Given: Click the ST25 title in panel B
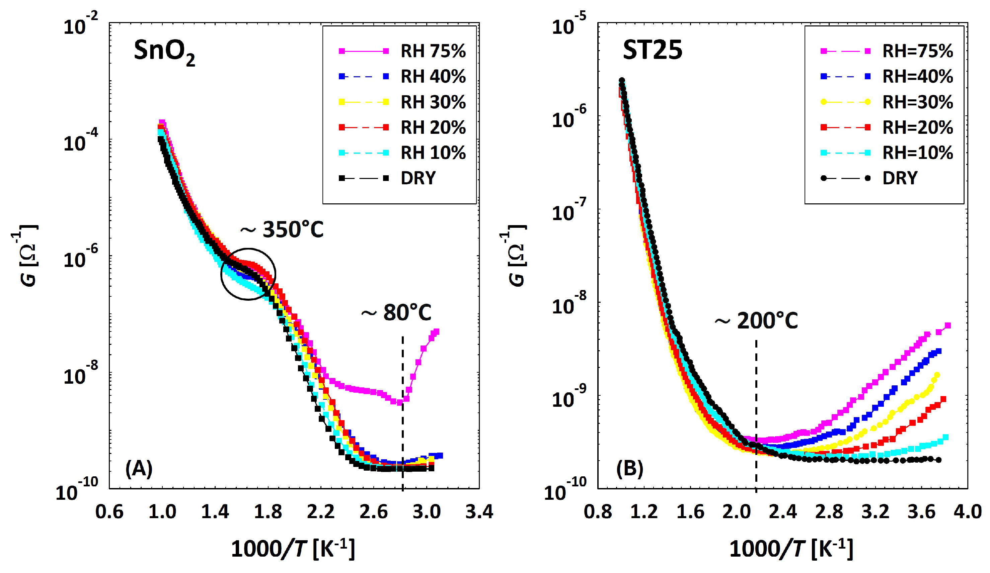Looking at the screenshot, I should tap(652, 50).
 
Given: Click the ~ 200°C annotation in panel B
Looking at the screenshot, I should tap(756, 321).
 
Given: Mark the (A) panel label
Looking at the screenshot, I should tap(139, 468).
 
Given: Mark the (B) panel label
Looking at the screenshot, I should tap(629, 468).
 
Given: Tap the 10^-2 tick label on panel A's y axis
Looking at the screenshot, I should tap(81, 25).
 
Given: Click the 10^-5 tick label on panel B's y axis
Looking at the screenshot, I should tap(568, 25).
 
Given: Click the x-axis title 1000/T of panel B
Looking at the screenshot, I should tap(791, 549).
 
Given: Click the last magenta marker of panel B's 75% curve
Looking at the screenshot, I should tap(947, 325).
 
